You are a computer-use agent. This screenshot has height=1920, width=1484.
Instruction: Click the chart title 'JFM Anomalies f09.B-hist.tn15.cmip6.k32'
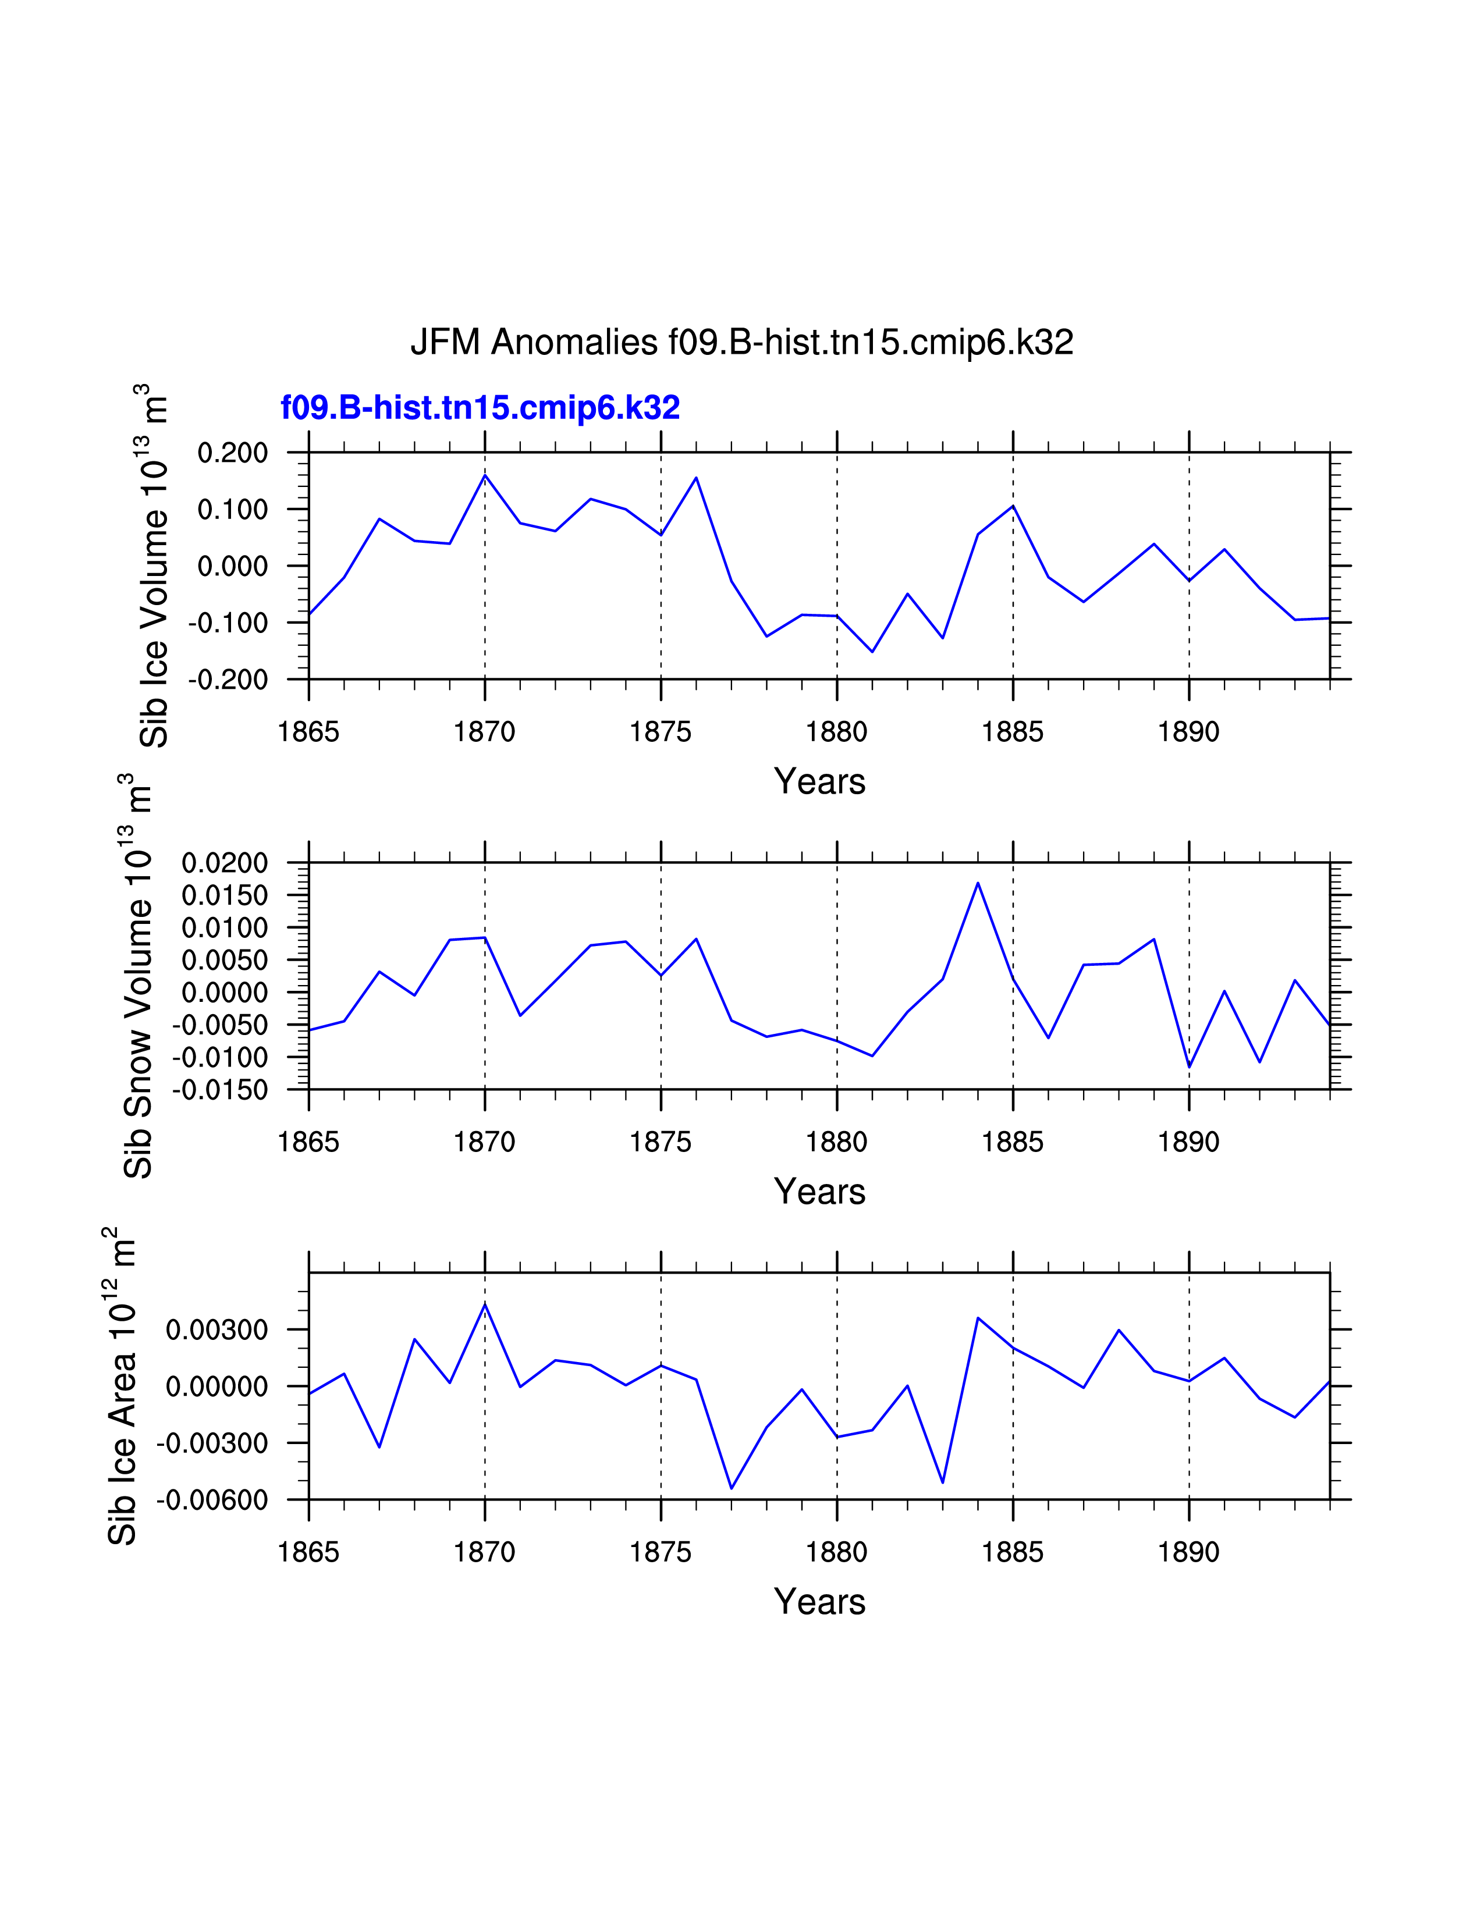click(741, 343)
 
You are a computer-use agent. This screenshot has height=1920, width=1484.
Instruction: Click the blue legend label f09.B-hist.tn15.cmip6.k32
click(480, 408)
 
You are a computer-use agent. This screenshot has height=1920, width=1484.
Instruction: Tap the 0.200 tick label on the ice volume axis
click(232, 454)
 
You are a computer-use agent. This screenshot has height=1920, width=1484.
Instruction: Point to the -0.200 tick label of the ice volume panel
click(228, 680)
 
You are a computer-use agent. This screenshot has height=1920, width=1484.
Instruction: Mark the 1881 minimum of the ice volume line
click(872, 652)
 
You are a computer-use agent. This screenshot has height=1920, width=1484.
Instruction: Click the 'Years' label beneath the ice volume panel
click(819, 781)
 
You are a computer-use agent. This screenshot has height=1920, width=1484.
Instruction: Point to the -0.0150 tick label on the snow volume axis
click(220, 1090)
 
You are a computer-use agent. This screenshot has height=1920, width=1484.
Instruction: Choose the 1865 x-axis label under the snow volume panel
click(308, 1142)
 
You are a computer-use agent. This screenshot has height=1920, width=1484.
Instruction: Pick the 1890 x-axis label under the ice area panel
click(1188, 1552)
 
